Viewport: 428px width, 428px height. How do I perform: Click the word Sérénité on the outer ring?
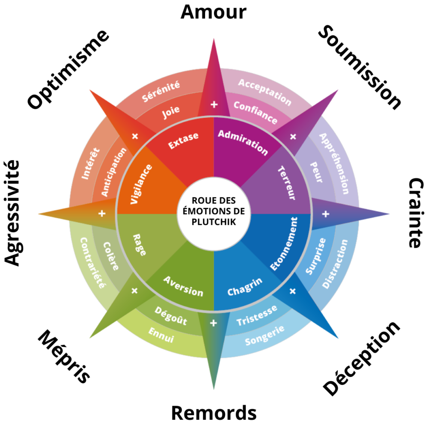[x=161, y=91]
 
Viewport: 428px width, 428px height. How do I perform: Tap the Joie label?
[x=171, y=112]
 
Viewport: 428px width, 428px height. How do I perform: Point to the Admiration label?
[x=243, y=142]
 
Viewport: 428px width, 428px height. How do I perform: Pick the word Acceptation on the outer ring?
[x=265, y=92]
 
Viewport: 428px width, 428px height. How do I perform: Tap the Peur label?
[x=315, y=172]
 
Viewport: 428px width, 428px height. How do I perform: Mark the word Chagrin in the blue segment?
[x=245, y=286]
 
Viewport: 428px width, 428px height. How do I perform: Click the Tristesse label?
[x=257, y=315]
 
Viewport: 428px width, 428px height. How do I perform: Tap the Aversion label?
[x=183, y=286]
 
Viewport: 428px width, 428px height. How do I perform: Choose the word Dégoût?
[x=171, y=316]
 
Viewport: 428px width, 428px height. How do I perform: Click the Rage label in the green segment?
[x=140, y=244]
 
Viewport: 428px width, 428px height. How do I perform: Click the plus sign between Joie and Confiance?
[x=214, y=104]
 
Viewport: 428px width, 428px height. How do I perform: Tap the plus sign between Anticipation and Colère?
[x=102, y=213]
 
